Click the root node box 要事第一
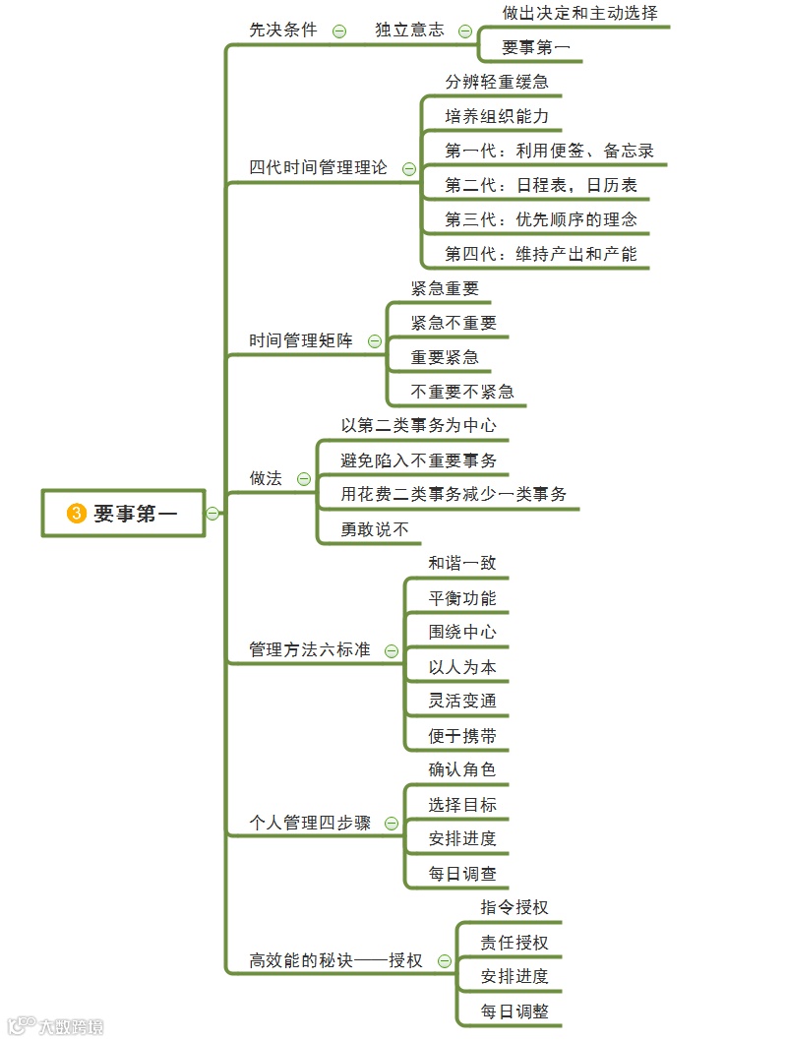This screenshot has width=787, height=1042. click(x=124, y=513)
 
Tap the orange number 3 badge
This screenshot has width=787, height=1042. click(x=77, y=513)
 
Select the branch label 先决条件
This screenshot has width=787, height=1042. click(x=283, y=30)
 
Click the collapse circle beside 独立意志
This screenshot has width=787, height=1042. click(x=464, y=31)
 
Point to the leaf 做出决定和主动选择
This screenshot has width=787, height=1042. click(x=579, y=14)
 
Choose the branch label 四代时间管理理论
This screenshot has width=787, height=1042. click(x=319, y=167)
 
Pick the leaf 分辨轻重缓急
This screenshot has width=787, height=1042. click(x=497, y=82)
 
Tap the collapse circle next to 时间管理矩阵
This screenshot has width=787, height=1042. click(x=374, y=341)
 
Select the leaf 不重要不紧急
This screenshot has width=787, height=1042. click(x=462, y=391)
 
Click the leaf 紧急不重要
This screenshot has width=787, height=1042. click(x=454, y=323)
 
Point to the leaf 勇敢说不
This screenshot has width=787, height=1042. click(x=375, y=529)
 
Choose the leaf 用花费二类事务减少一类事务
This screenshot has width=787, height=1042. click(x=454, y=494)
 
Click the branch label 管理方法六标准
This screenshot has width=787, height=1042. click(x=310, y=650)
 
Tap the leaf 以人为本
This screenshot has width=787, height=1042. click(x=462, y=667)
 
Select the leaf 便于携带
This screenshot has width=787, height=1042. click(x=462, y=736)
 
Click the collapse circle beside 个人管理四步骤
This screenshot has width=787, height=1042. click(x=392, y=824)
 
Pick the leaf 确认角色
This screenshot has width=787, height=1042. click(x=462, y=769)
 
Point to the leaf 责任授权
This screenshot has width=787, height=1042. click(x=515, y=943)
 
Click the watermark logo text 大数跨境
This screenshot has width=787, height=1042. click(x=69, y=1026)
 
